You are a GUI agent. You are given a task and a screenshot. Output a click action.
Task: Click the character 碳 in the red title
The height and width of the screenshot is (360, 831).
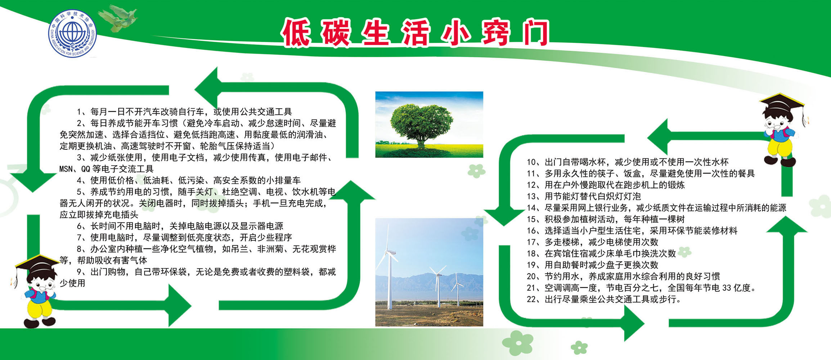click(335, 33)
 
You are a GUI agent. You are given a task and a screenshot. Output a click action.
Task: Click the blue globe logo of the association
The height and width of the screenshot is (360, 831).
click(73, 33)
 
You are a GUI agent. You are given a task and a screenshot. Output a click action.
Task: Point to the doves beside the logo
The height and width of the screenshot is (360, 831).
click(118, 18)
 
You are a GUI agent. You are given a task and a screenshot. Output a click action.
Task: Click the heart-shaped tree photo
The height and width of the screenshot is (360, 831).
click(429, 125)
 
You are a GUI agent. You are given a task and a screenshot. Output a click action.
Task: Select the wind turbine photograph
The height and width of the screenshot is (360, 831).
click(429, 272)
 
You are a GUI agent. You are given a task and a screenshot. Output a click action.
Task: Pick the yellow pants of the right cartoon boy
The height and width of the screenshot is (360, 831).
click(780, 148)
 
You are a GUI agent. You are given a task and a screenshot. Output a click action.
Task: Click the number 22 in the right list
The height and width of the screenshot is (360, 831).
click(531, 299)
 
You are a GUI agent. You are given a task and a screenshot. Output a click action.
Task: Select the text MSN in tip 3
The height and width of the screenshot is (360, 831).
click(66, 169)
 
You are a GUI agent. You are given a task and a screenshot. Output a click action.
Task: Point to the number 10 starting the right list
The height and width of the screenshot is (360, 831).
click(531, 162)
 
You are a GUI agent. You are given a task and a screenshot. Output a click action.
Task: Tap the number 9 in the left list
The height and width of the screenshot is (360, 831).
click(79, 272)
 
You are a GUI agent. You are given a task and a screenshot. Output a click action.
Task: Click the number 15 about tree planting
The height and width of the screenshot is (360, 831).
click(531, 219)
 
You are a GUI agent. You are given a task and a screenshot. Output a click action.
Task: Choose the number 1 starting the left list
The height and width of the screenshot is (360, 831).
click(79, 112)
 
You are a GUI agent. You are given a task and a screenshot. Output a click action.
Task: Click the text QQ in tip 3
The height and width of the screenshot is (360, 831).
click(86, 169)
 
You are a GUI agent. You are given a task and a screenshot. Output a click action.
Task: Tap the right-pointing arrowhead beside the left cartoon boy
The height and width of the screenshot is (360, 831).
click(180, 306)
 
